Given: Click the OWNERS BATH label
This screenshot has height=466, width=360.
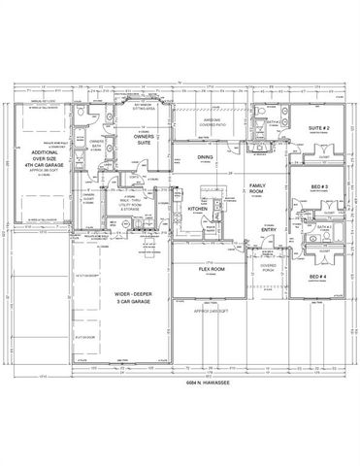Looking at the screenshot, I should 98,148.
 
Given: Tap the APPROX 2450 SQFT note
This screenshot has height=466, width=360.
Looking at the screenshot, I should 211,311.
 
